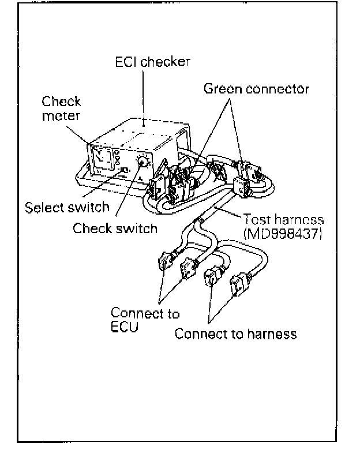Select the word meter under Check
click(x=60, y=117)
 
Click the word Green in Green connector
click(x=222, y=89)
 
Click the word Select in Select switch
click(x=45, y=207)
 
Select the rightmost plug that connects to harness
click(x=239, y=287)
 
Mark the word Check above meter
click(x=61, y=102)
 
